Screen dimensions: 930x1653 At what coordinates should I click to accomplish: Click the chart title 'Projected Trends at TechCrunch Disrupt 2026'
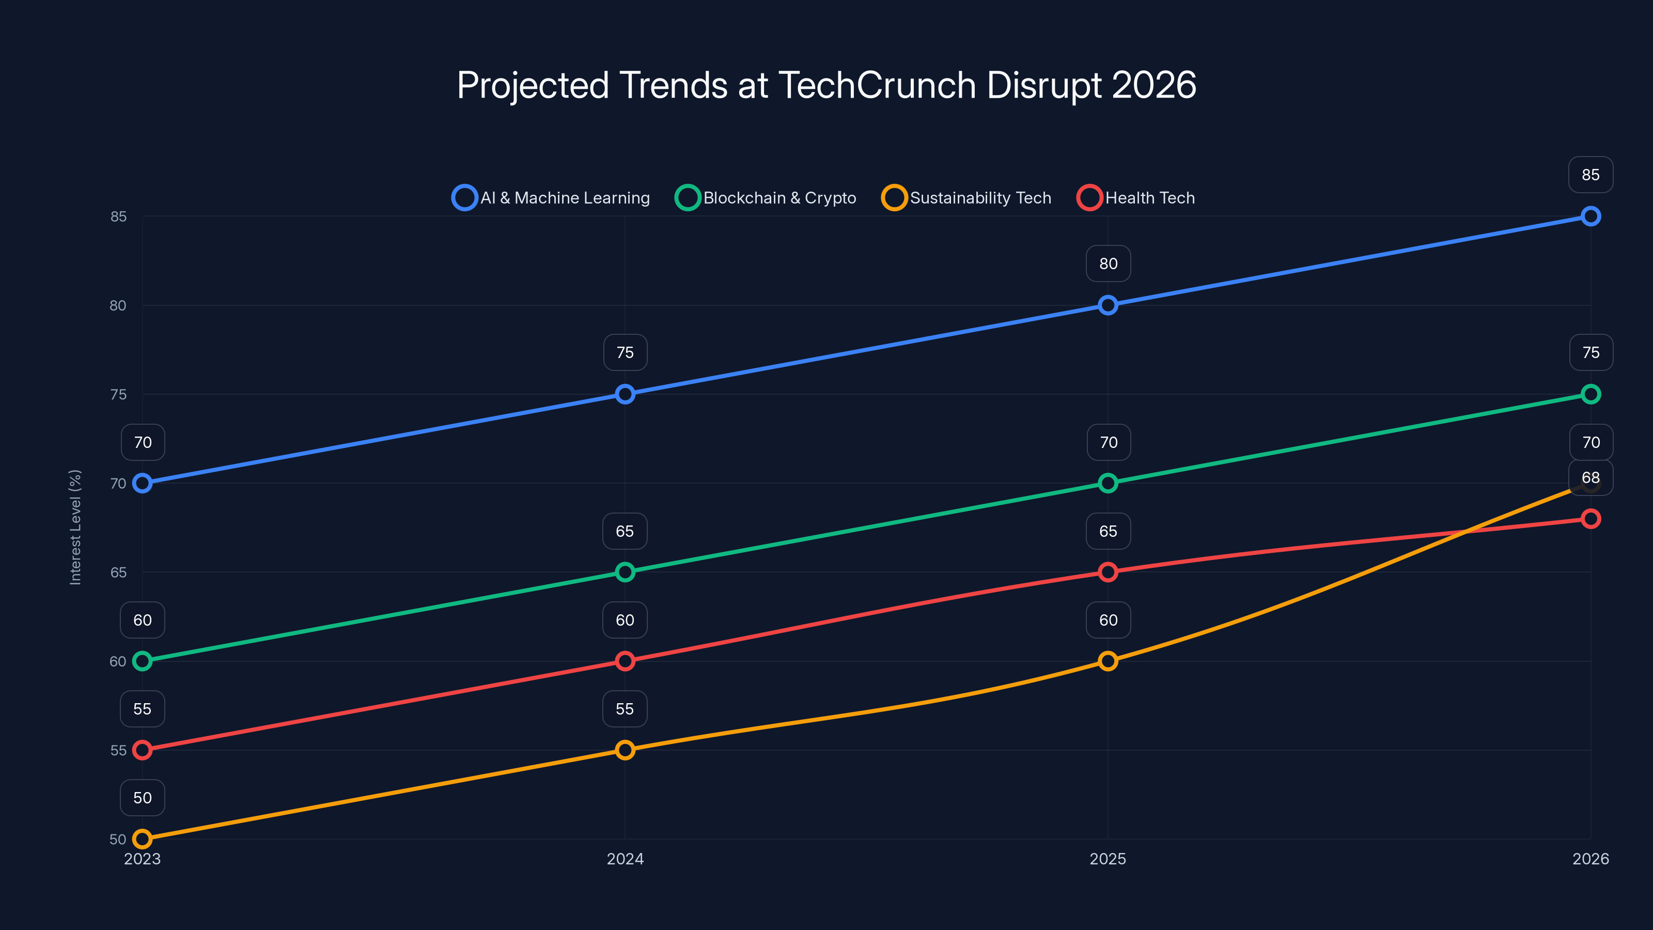pos(826,85)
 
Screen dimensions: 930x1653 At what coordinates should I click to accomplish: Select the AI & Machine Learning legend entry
pos(552,198)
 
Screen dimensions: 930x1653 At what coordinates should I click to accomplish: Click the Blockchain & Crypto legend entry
pos(766,198)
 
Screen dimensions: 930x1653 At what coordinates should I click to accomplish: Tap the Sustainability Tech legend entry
pos(967,198)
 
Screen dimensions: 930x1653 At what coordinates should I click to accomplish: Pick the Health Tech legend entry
pos(1136,198)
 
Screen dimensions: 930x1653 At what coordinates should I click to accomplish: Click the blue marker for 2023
pos(143,483)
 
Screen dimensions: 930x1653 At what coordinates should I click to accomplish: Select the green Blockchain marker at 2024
pos(625,572)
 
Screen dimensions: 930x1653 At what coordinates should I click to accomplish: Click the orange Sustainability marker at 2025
pos(1108,661)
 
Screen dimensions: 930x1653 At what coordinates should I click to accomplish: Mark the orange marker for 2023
pos(143,839)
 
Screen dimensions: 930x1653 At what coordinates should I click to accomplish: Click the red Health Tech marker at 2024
pos(625,661)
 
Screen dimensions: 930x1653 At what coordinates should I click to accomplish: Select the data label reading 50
pos(143,798)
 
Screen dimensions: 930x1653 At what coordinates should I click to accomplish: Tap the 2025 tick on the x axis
pos(1108,859)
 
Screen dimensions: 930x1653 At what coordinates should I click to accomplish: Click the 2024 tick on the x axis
pos(625,859)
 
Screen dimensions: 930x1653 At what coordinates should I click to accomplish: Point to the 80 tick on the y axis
pos(118,305)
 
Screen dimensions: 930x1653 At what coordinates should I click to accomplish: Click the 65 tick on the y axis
pos(118,572)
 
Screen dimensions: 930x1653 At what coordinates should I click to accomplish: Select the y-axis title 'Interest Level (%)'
pos(76,527)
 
